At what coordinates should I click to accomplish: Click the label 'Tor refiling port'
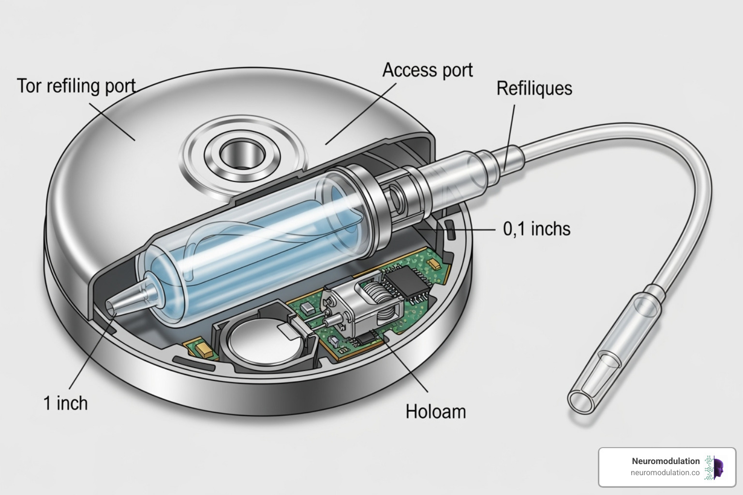(76, 86)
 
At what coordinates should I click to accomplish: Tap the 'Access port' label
(427, 70)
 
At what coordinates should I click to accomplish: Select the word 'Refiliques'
(534, 88)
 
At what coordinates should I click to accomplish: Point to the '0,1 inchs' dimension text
(536, 229)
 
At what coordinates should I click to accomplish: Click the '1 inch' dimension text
(66, 403)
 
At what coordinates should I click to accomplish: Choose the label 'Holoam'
(435, 411)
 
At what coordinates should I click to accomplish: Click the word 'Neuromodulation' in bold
(665, 461)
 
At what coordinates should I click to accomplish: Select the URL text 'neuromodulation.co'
(665, 473)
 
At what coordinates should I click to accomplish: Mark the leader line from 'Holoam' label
(406, 367)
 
